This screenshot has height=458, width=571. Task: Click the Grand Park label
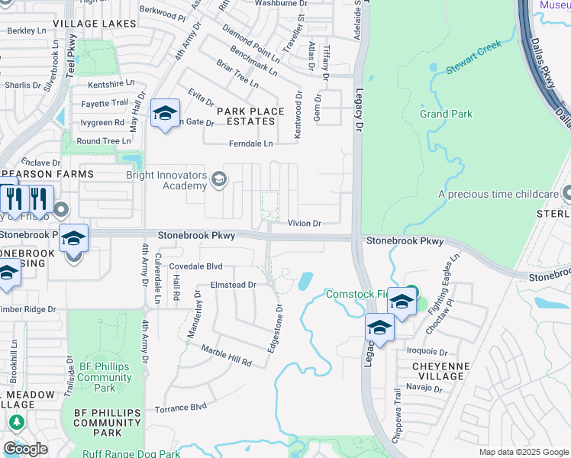click(446, 114)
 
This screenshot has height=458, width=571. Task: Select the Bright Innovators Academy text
click(166, 180)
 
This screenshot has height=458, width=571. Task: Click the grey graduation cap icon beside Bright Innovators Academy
click(219, 180)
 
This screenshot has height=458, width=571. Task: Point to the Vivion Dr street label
click(305, 224)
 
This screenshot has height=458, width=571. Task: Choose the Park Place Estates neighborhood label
click(250, 116)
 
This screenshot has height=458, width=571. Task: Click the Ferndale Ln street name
click(250, 144)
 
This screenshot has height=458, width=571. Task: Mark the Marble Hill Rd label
click(226, 356)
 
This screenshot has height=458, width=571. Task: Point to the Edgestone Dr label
click(274, 328)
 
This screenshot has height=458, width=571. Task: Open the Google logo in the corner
click(25, 449)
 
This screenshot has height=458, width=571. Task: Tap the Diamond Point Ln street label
click(250, 43)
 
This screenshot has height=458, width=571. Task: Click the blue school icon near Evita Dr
click(165, 115)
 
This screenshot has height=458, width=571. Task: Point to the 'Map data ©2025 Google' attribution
click(523, 452)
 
